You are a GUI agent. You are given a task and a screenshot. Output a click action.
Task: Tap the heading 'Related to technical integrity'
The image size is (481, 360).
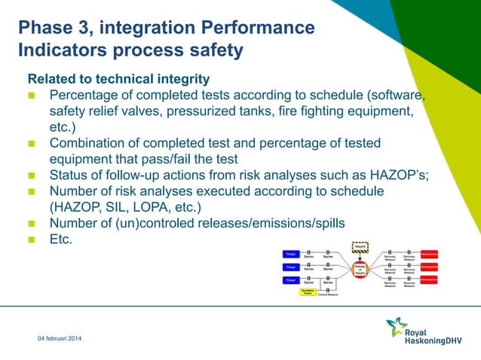[x=118, y=78]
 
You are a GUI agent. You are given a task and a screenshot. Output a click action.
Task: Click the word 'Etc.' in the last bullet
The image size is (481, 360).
[x=61, y=239]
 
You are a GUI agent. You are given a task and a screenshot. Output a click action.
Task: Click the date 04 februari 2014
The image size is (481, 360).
[x=61, y=340]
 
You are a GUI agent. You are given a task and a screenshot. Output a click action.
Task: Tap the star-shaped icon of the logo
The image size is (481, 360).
[x=396, y=327]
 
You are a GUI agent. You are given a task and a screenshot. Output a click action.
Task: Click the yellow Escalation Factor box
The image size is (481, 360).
[x=307, y=292]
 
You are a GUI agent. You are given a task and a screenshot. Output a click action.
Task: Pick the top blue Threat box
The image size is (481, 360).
[x=290, y=254]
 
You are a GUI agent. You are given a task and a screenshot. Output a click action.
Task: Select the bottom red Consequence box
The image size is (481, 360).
[x=430, y=280]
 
